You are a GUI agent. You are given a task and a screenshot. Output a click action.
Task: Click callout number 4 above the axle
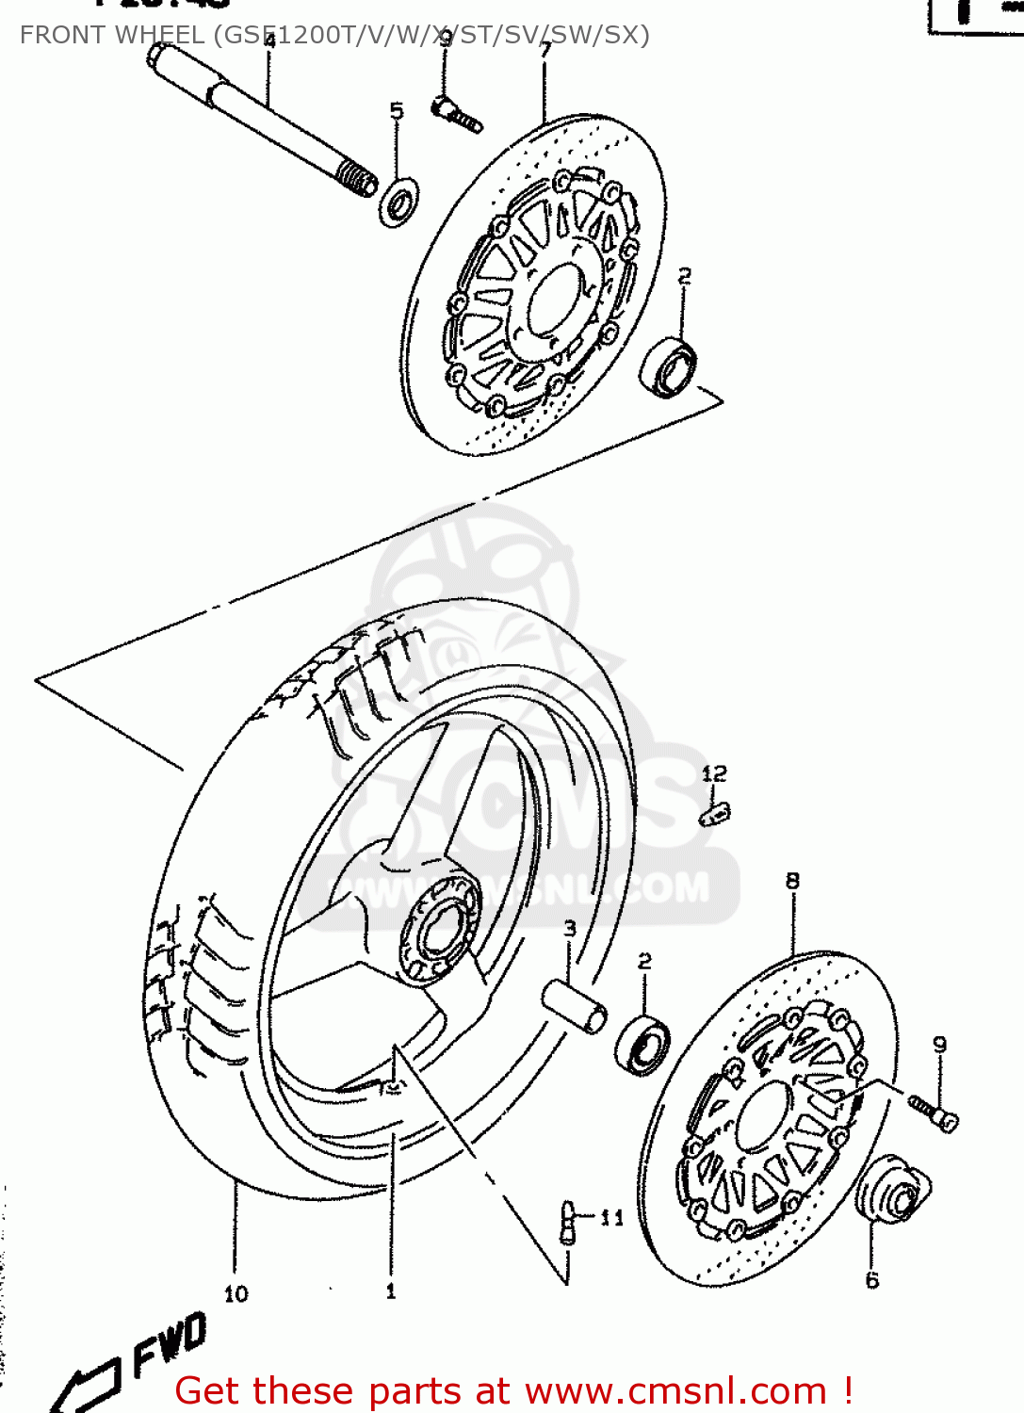tap(269, 41)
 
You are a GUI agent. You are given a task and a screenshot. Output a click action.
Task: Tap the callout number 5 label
tap(397, 111)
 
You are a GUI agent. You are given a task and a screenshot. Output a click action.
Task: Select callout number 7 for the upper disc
tap(545, 50)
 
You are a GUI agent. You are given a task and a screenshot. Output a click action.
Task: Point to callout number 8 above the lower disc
tap(792, 881)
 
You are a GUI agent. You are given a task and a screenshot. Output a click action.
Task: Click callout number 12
tap(714, 773)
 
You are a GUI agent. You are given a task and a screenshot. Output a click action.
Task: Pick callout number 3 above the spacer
tap(570, 929)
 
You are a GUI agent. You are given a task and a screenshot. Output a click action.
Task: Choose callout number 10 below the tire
tap(236, 1294)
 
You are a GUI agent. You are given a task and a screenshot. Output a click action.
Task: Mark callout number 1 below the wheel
tap(391, 1291)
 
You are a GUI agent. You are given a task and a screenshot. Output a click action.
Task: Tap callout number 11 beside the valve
tap(612, 1218)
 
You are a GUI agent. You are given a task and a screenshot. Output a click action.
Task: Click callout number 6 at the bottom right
tap(872, 1280)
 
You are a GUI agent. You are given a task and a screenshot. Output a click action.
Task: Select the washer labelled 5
tap(399, 203)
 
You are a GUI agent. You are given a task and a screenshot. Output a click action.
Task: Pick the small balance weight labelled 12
tap(716, 813)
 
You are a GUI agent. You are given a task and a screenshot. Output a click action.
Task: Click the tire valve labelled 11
tap(568, 1222)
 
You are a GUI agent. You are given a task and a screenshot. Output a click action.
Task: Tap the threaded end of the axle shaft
tap(356, 177)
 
